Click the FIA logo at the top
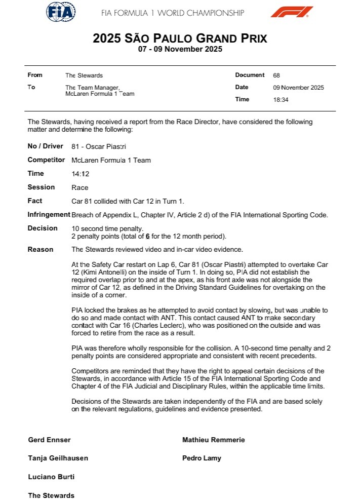[x=61, y=12]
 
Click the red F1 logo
[x=292, y=12]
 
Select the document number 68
[x=276, y=75]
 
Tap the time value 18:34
[x=281, y=100]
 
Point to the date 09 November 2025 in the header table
[x=298, y=88]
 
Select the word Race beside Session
[x=80, y=187]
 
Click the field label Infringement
[x=49, y=215]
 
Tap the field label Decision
[x=43, y=228]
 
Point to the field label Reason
[x=41, y=249]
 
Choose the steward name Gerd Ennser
[x=49, y=440]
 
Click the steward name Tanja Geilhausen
[x=58, y=458]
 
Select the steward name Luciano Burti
[x=51, y=477]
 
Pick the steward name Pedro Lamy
[x=202, y=458]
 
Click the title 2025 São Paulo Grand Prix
[x=180, y=38]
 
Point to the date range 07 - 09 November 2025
[x=180, y=50]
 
